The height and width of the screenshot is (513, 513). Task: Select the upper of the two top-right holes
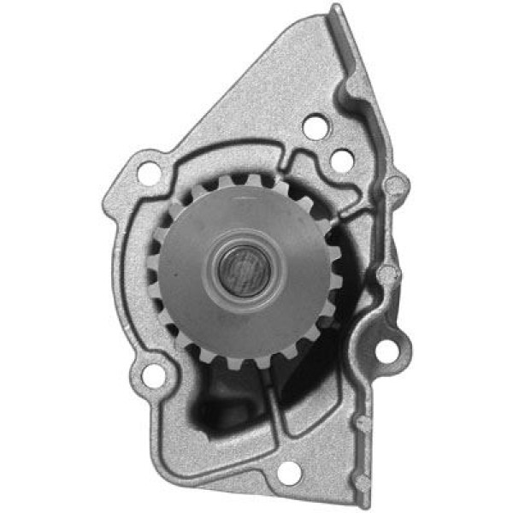(315, 127)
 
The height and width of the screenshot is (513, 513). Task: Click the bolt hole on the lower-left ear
(153, 374)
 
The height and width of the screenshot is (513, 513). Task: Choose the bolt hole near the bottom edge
(289, 471)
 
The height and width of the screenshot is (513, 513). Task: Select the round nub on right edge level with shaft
(389, 274)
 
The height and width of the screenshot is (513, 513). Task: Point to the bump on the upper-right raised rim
(350, 85)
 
